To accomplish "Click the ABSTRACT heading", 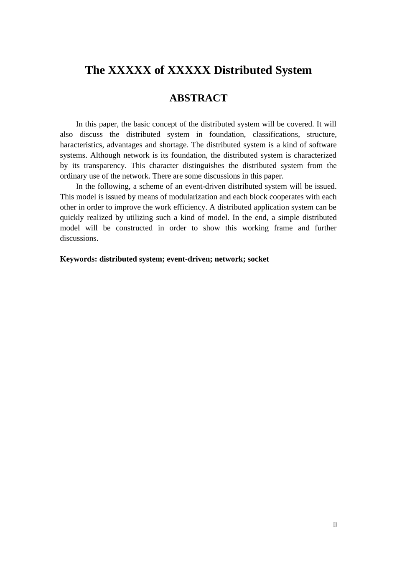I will [198, 98].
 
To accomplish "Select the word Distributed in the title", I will [239, 70].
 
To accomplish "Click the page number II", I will [335, 525].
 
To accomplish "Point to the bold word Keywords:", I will [79, 259].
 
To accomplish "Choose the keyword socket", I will [258, 259].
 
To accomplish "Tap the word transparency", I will [104, 166].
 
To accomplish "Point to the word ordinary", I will [73, 176].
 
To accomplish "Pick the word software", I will [323, 145].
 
